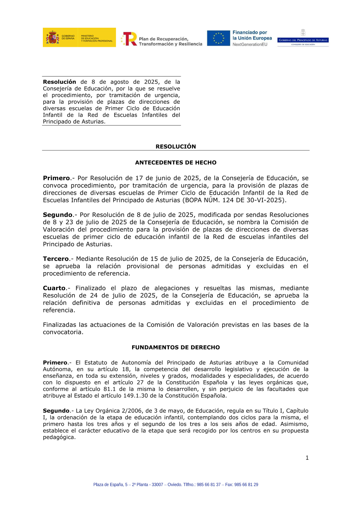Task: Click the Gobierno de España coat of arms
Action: [53, 37]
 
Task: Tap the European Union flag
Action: [219, 38]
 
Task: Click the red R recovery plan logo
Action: [129, 39]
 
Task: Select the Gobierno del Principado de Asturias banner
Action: [303, 40]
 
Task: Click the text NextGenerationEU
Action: [250, 45]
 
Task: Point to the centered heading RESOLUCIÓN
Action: [176, 147]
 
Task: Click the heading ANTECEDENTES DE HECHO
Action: [176, 163]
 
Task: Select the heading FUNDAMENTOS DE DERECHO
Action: [176, 347]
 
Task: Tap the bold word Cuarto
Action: [54, 288]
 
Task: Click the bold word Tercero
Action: [56, 259]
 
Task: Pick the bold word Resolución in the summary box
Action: [59, 82]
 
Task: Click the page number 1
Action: [307, 458]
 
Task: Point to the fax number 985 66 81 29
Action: [246, 485]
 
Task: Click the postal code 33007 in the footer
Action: [157, 485]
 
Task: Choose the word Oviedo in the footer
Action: [174, 485]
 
